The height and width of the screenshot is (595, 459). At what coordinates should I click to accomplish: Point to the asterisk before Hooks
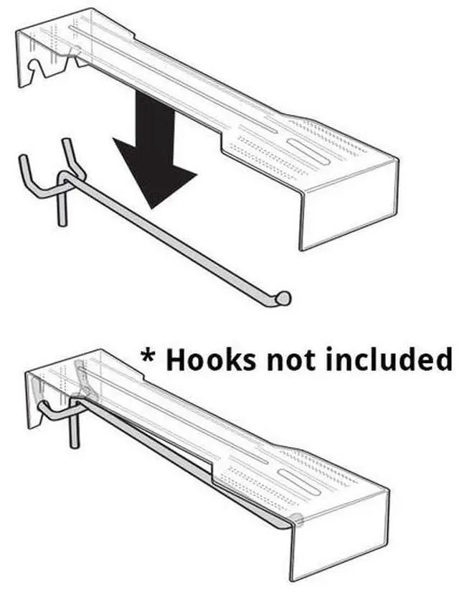coord(149,355)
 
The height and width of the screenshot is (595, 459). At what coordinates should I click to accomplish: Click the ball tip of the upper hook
coord(283,297)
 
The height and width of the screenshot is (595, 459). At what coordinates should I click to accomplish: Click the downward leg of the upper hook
coord(60,207)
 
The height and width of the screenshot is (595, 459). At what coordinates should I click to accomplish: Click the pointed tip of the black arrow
coord(152,208)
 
